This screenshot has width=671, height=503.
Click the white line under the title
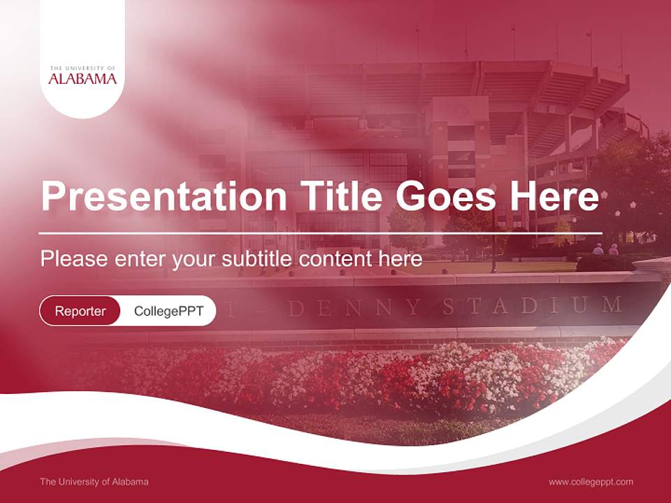click(321, 233)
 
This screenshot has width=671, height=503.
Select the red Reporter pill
click(80, 311)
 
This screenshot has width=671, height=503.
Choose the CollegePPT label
click(168, 311)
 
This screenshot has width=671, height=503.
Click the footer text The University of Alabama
click(94, 481)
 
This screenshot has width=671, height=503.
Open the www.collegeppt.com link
click(591, 481)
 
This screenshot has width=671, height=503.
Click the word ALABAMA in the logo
click(82, 79)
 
